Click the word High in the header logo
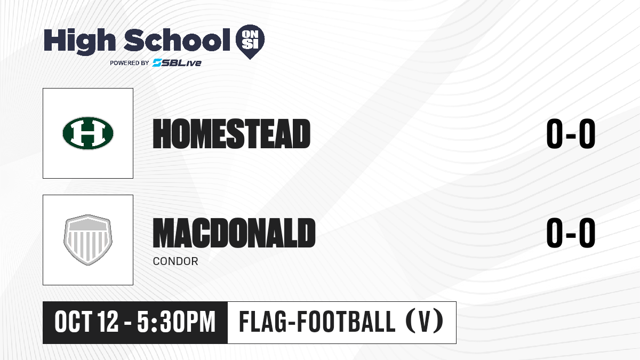79,42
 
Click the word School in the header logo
177,39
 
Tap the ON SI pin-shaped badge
250,42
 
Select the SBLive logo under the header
177,63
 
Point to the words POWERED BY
130,63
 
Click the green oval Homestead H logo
88,133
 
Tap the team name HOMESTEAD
231,134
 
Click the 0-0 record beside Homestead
571,134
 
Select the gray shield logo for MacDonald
88,240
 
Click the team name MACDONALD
234,233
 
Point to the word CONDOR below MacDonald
175,261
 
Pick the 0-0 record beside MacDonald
571,233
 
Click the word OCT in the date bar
73,322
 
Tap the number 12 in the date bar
107,322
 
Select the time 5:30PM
176,322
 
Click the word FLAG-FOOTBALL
317,322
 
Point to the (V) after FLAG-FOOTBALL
425,322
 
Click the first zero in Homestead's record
555,134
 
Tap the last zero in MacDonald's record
587,233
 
